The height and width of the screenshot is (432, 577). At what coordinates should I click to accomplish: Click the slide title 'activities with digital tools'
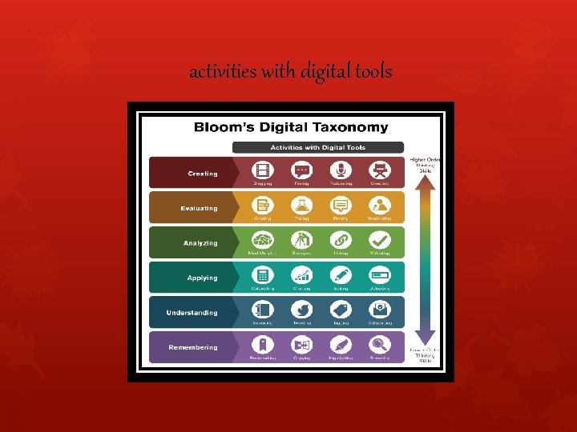click(x=290, y=72)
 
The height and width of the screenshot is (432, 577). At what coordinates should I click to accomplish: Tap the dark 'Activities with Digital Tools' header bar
click(x=318, y=147)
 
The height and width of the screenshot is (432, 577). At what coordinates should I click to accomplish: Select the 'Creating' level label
click(x=202, y=174)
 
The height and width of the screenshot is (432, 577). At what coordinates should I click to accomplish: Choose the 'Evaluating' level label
click(x=199, y=208)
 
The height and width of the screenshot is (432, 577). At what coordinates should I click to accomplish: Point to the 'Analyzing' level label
click(x=200, y=243)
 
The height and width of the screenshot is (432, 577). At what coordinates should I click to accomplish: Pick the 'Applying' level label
click(x=202, y=278)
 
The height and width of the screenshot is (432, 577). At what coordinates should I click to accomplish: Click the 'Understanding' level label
click(x=192, y=313)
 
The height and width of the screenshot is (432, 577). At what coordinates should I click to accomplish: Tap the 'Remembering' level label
click(x=193, y=347)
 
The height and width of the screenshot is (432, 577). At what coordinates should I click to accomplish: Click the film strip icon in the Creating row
click(x=263, y=170)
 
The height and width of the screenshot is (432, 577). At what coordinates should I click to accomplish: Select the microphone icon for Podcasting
click(x=341, y=170)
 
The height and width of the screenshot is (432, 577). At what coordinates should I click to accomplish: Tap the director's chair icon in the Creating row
click(x=379, y=170)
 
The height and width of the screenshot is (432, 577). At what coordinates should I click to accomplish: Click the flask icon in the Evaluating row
click(x=302, y=205)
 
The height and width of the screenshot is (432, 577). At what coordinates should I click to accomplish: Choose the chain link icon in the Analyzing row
click(x=341, y=240)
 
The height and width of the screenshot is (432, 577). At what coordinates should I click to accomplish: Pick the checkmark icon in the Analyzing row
click(x=379, y=240)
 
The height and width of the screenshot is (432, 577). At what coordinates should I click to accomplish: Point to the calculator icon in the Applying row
click(x=263, y=274)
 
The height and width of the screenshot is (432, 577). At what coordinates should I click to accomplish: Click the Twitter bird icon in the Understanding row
click(x=302, y=310)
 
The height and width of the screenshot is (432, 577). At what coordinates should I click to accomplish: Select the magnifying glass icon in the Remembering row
click(x=379, y=344)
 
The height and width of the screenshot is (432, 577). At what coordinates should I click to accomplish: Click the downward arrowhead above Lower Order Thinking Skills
click(x=426, y=336)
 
